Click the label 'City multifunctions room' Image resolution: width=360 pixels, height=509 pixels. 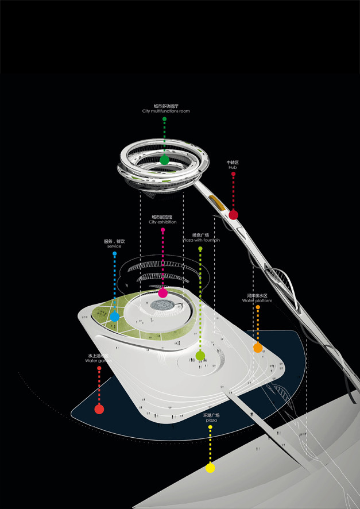(x=165, y=111)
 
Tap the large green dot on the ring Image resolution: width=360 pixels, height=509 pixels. (x=165, y=160)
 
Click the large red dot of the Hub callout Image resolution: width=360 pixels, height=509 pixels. (x=233, y=215)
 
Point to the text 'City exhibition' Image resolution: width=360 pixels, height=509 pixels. (x=162, y=222)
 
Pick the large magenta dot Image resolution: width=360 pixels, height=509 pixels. (x=163, y=293)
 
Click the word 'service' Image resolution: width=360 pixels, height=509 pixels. (x=114, y=246)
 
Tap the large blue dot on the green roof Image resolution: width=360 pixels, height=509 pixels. (x=114, y=316)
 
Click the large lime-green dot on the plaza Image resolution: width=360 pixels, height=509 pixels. (x=200, y=356)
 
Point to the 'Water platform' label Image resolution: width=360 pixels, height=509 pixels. (x=257, y=300)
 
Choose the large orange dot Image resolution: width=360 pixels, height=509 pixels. (x=258, y=348)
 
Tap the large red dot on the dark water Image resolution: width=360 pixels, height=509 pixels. (x=99, y=409)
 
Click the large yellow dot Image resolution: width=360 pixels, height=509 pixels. (x=210, y=468)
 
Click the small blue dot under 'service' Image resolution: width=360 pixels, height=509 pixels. (x=114, y=253)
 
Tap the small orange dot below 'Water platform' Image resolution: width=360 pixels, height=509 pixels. (x=257, y=307)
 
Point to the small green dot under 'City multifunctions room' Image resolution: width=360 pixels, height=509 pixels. (x=165, y=119)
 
